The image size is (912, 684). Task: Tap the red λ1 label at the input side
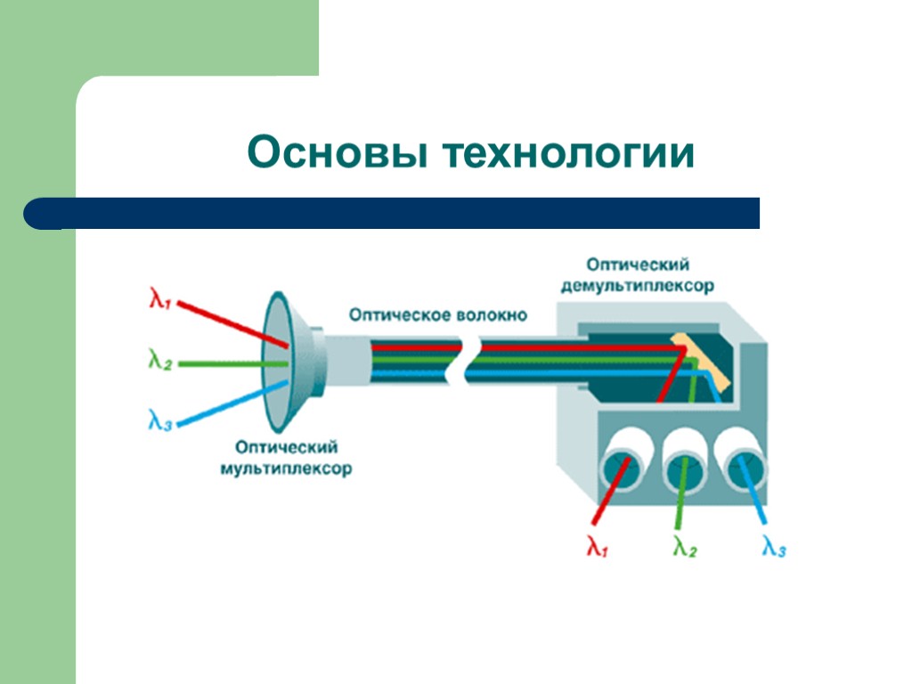(x=159, y=300)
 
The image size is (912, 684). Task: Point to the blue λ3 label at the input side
(x=159, y=419)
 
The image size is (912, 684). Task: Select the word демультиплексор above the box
(x=637, y=287)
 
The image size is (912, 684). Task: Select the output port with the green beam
(x=684, y=463)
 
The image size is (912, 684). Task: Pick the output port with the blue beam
(x=742, y=463)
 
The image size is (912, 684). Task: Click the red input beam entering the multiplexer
(x=232, y=325)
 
